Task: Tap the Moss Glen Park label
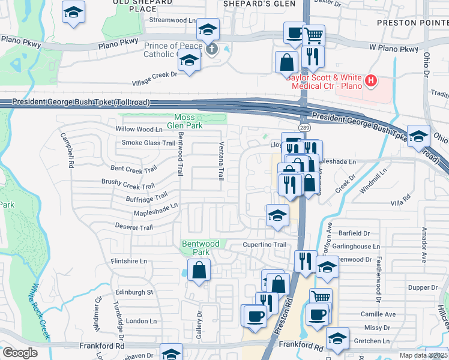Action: (188, 121)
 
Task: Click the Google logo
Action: (20, 352)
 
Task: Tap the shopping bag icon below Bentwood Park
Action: (199, 270)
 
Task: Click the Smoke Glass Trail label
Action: (148, 143)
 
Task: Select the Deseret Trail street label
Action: (134, 227)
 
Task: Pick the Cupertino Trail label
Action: (264, 245)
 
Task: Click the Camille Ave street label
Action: (378, 314)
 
